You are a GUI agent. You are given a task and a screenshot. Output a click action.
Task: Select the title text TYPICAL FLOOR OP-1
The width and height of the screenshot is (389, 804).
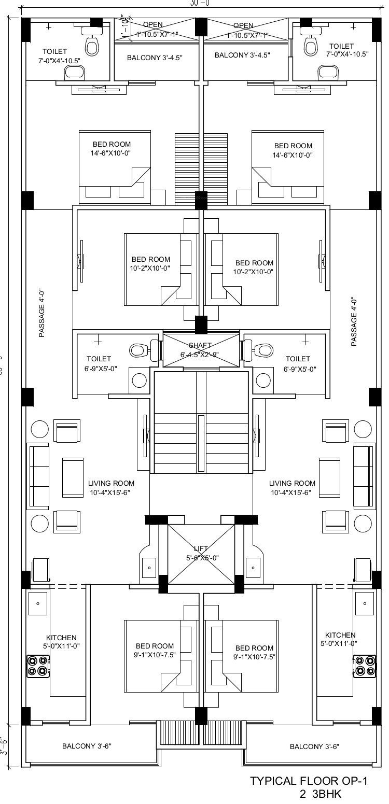(309, 781)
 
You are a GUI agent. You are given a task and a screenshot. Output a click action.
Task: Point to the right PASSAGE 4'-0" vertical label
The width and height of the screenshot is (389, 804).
(354, 321)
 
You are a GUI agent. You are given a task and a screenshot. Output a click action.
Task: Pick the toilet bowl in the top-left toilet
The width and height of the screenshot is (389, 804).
(92, 46)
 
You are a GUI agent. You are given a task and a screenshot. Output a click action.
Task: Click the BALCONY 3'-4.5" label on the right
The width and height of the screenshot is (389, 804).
(242, 55)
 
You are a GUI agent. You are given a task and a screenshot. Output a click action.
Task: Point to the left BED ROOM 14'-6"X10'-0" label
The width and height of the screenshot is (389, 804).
(112, 149)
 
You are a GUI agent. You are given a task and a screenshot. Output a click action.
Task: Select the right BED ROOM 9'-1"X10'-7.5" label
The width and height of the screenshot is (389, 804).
(254, 652)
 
